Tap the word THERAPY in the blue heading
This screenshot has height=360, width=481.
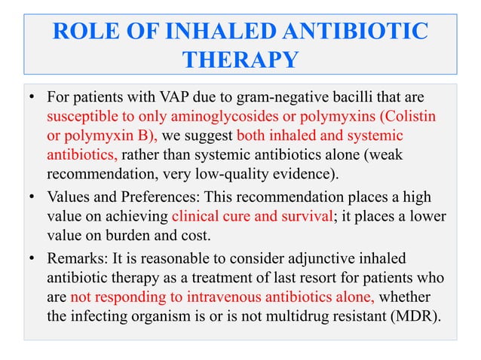coord(240,59)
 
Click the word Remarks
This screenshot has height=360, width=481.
coord(74,255)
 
